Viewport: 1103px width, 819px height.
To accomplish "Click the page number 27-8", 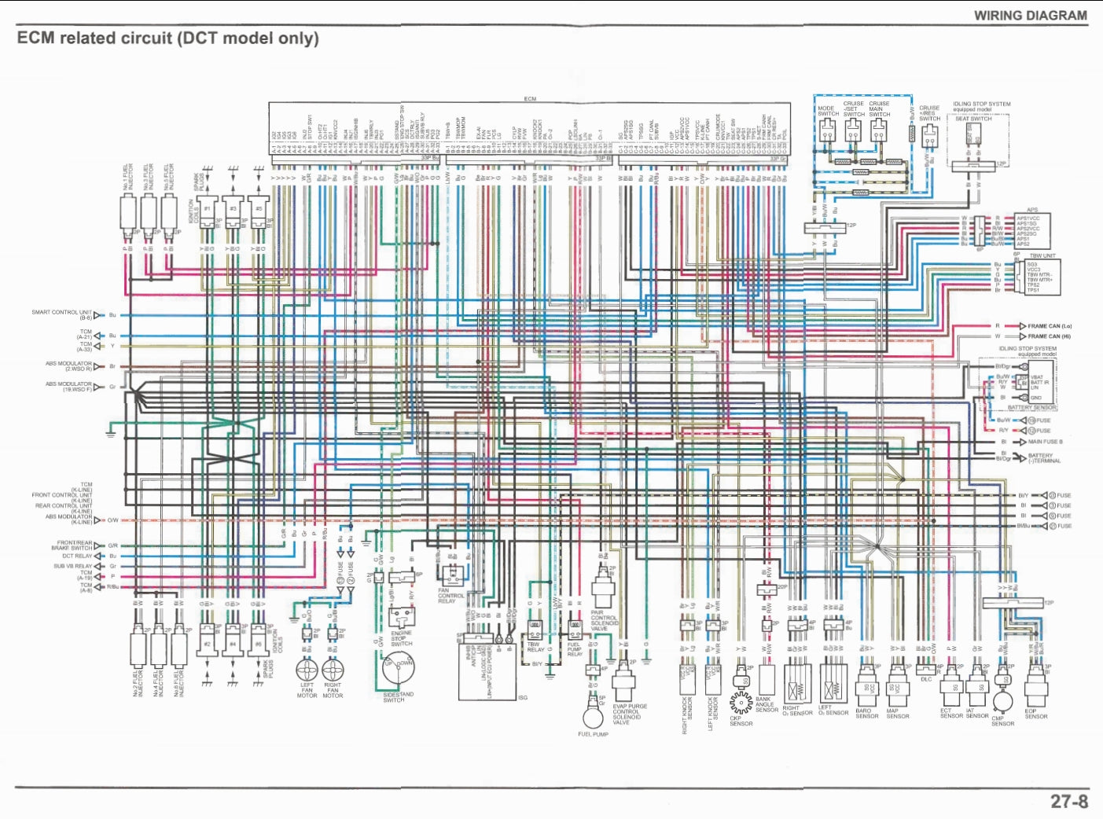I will (x=1069, y=801).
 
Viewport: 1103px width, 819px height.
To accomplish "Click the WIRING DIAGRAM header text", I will (x=1030, y=15).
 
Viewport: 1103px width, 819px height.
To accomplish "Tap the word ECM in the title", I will (x=36, y=38).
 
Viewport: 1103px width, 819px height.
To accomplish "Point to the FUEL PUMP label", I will (x=593, y=734).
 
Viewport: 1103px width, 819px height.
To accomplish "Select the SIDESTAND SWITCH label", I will (x=398, y=697).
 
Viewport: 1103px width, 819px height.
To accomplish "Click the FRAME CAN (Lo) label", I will (x=1049, y=325).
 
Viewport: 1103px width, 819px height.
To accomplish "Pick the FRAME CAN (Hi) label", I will (x=1049, y=336).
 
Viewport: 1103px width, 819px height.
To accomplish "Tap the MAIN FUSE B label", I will (x=1045, y=442).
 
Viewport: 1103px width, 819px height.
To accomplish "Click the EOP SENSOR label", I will (x=1035, y=714).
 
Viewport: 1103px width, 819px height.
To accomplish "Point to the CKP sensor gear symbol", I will (x=741, y=700).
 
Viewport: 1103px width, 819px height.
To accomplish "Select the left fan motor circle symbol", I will (x=307, y=670).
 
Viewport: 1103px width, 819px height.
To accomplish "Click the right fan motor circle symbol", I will (x=333, y=670).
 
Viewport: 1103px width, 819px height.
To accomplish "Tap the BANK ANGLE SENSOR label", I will (x=766, y=704).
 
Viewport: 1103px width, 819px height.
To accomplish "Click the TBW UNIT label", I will (x=1042, y=255).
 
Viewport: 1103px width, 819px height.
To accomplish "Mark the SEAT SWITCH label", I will (x=973, y=119).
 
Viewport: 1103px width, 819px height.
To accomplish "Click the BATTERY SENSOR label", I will (x=1031, y=408).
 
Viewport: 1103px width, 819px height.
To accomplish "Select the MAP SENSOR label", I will (x=898, y=714).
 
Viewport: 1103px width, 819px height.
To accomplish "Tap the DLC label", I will (x=925, y=679).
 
